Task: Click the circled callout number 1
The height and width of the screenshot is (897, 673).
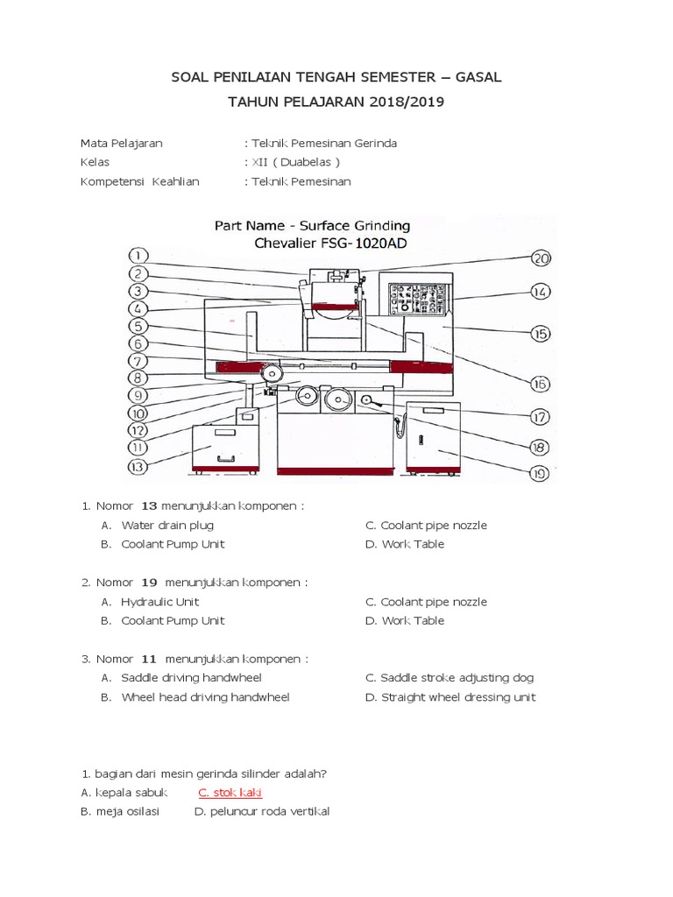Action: (x=138, y=256)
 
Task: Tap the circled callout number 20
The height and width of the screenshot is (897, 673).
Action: (x=542, y=258)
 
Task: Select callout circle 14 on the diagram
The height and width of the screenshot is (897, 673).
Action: (x=540, y=292)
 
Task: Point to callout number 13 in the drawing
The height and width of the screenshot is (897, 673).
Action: (x=138, y=467)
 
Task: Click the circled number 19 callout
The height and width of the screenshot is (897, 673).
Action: (x=539, y=474)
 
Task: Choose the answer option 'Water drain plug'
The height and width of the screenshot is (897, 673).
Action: (x=166, y=526)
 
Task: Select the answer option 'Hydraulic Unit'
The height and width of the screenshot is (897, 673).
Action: (x=159, y=602)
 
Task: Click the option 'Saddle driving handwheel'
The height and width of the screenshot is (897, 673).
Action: (x=191, y=678)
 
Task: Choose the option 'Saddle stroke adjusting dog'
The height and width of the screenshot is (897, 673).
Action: (x=457, y=678)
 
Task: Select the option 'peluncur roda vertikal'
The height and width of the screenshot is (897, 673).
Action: (x=267, y=812)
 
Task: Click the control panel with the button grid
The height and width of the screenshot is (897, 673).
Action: (x=417, y=300)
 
